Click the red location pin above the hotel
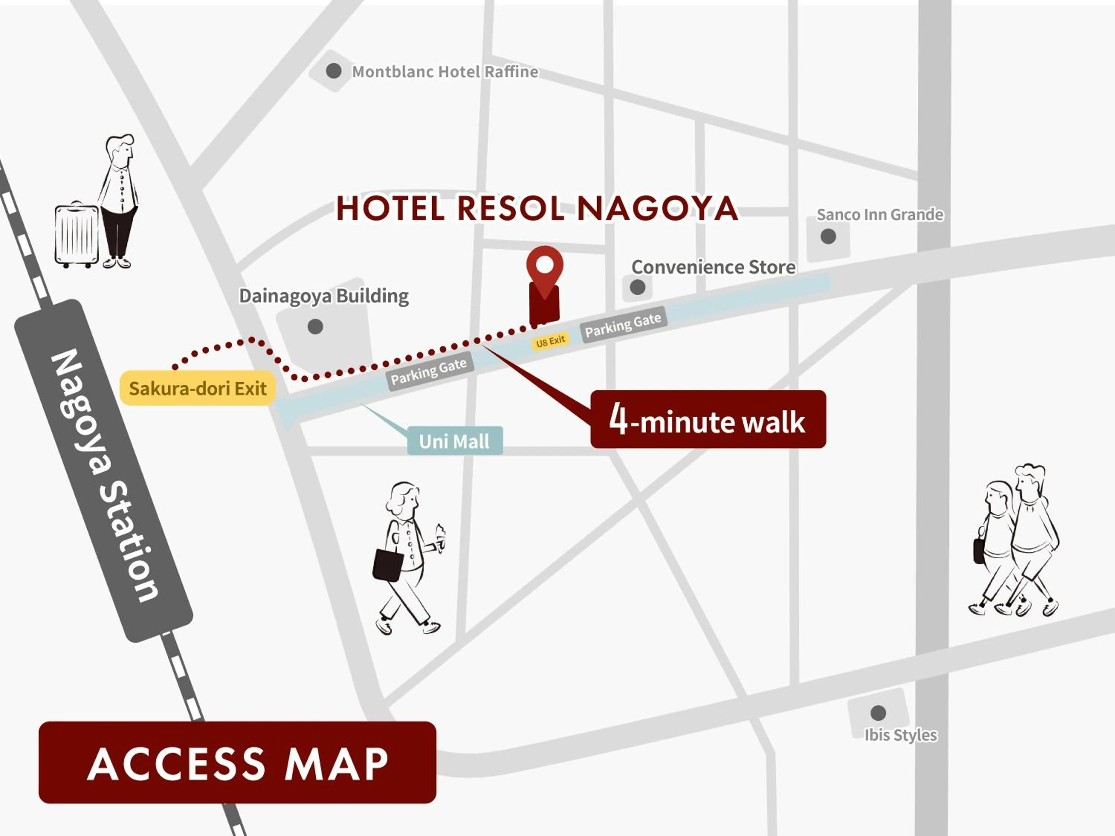tap(544, 267)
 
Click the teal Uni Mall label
tap(454, 441)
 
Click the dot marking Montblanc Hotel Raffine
tap(333, 71)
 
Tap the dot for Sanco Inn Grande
tap(828, 236)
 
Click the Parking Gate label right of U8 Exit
tap(624, 325)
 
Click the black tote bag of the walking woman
tap(388, 564)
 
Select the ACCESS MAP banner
tap(237, 762)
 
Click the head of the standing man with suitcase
tap(120, 150)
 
